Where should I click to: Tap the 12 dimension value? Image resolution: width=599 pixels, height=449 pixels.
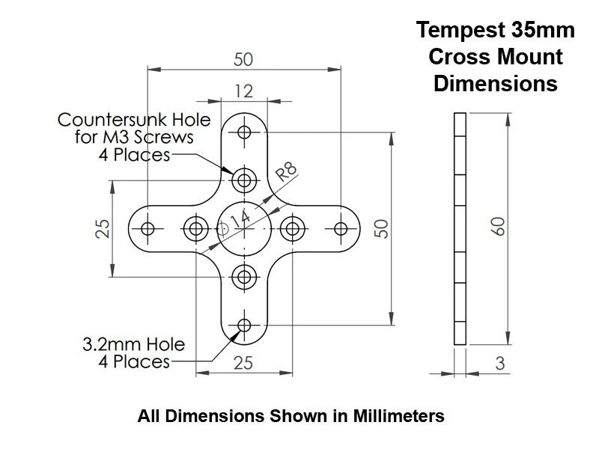click(244, 91)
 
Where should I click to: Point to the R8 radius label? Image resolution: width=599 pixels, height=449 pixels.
click(287, 174)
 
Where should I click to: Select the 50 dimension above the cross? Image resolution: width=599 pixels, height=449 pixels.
click(244, 58)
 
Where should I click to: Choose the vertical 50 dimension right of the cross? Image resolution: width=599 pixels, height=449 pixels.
click(381, 228)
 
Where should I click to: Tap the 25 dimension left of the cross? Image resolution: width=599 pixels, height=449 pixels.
click(104, 228)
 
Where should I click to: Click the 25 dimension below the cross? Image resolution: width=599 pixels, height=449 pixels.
click(244, 363)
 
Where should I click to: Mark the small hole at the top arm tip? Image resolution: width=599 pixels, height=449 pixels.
click(244, 132)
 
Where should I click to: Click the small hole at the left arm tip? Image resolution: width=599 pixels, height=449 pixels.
click(148, 228)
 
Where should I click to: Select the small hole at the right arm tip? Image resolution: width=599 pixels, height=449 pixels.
click(341, 228)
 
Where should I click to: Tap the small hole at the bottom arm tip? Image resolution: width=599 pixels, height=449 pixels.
click(244, 325)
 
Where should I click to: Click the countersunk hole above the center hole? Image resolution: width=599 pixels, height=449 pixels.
click(244, 180)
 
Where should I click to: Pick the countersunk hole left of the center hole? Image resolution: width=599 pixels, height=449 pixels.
click(196, 228)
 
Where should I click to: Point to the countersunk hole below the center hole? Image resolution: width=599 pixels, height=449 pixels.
click(244, 277)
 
